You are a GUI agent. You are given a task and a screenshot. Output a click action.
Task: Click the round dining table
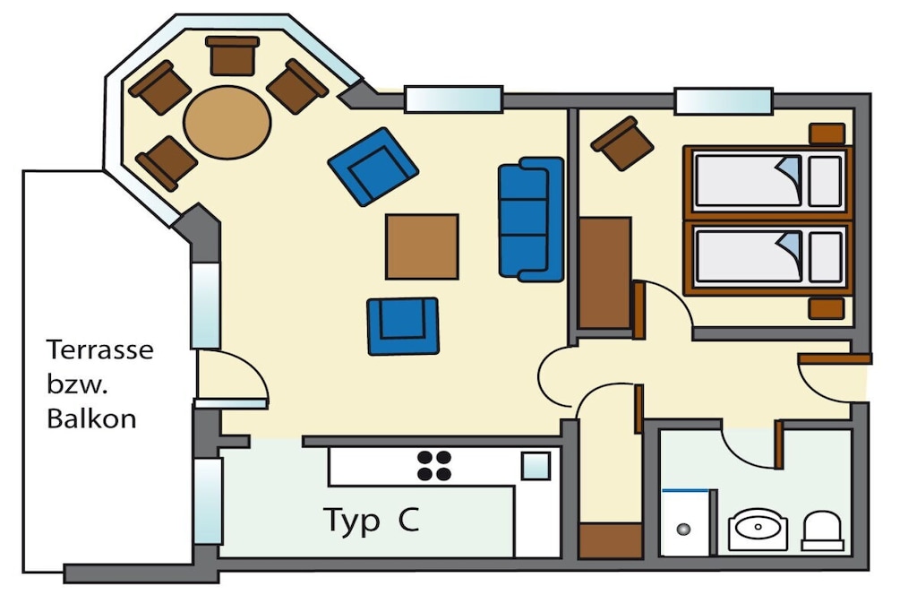coord(227,122)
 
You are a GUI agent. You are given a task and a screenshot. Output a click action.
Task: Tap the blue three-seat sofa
coord(531,220)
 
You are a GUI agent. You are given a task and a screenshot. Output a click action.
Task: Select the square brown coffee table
coord(422,246)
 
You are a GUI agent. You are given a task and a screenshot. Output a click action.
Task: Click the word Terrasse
coord(100,349)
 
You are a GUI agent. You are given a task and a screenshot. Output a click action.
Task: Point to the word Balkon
coord(91,419)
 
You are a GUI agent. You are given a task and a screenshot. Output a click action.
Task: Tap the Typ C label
coord(372,520)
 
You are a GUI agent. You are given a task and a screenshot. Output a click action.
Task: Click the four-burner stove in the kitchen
coord(434,466)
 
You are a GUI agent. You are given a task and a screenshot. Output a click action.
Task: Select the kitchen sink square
coord(536,466)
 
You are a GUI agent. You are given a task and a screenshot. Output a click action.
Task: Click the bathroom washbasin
coord(758,529)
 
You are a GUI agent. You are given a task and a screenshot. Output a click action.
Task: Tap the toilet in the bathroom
coord(822,530)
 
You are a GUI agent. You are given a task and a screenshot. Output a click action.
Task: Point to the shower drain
coord(683,530)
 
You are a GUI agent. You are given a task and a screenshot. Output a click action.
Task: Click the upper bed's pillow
coord(826,181)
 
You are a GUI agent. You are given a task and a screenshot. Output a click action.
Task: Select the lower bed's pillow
coord(826,257)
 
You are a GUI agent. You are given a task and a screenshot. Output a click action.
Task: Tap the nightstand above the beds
coord(827,134)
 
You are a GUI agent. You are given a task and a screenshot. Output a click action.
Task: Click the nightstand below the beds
coord(827,308)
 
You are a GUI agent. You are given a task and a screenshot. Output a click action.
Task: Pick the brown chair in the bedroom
coord(621,143)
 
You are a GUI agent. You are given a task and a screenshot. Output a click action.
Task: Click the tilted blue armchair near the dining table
coord(373,166)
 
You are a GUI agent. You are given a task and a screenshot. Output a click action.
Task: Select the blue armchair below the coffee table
coord(403,326)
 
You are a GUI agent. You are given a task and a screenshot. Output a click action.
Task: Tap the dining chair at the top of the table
coord(232,56)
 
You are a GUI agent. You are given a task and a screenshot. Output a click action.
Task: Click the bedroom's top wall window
coord(724,100)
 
